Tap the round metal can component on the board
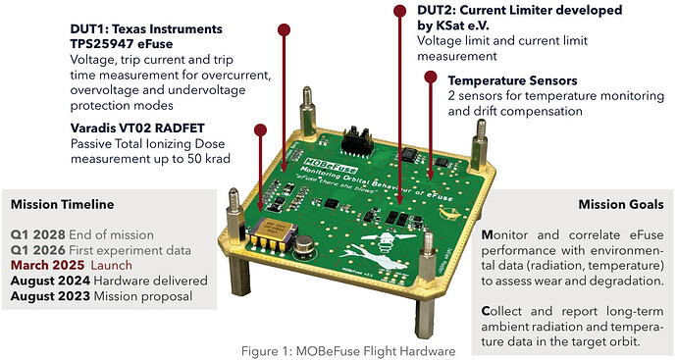coord(305,245)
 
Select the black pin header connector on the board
coord(357,139)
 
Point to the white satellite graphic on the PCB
coord(378,251)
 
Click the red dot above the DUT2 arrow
coord(400,11)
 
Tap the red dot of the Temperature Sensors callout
coord(431,77)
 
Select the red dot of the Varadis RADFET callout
coord(260,129)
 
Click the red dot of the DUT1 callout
coord(284,29)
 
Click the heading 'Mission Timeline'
coord(63,204)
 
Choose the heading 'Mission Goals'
coord(621,204)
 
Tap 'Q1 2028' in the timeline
coord(38,234)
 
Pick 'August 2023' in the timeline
coord(50,296)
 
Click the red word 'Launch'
coord(112,265)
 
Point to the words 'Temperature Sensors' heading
coord(512,80)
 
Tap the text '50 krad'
coord(209,159)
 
